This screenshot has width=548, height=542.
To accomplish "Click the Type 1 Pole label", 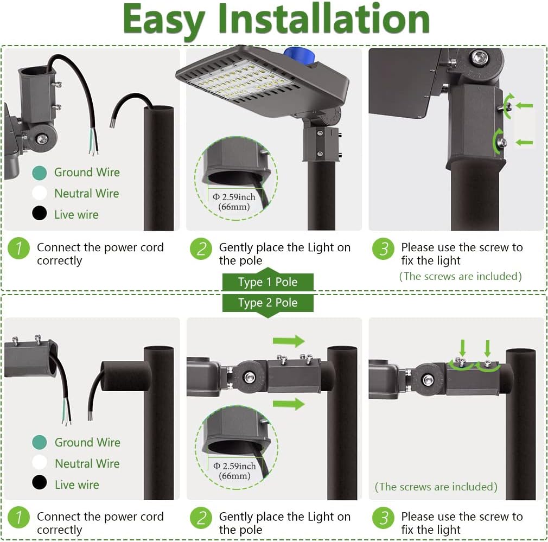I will pos(267,282).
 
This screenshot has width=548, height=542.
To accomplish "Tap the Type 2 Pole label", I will pos(267,303).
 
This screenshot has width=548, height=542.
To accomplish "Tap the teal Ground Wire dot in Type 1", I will pos(40,173).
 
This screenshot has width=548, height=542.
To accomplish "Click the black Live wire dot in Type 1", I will pos(40,214).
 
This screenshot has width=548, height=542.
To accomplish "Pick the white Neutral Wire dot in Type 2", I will pos(40,463).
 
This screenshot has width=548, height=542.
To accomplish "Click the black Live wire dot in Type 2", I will pos(40,483).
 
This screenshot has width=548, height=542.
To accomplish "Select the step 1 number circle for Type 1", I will pos(19,249).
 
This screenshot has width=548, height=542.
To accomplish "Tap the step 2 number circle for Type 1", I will pos(201,249).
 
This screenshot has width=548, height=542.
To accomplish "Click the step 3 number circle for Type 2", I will pos(383,518).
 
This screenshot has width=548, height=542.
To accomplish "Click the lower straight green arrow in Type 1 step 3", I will pos(524,142).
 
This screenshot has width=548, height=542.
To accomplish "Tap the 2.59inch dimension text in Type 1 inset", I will pos(234,197).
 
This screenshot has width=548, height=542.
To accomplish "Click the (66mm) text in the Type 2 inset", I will pos(235,476).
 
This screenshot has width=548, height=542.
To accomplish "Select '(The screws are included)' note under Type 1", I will pos(460,277).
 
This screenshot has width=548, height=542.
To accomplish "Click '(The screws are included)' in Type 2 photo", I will pos(436,487).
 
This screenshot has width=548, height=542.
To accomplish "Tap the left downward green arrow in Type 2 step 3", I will pos(462,347).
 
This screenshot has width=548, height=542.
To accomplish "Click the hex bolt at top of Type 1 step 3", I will pos(479,58).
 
